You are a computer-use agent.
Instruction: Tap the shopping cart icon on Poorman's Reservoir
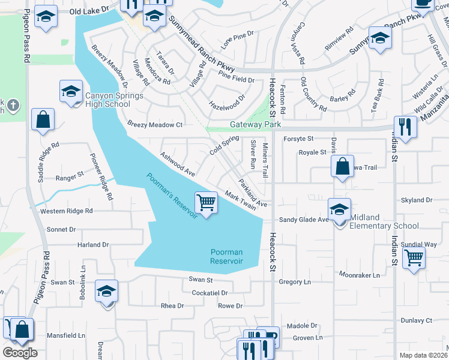[206, 203]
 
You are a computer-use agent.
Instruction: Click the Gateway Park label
[256, 125]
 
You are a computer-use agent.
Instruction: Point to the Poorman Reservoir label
[226, 257]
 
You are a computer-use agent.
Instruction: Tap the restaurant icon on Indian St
[406, 127]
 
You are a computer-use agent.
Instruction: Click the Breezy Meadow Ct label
[154, 124]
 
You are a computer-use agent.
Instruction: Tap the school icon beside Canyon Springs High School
[71, 92]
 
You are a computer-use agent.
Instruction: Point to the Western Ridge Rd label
[67, 211]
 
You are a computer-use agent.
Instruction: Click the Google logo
[20, 352]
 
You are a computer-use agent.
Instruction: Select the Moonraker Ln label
[360, 275]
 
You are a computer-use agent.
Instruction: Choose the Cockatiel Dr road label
[209, 293]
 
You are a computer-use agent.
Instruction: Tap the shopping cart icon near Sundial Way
[414, 258]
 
